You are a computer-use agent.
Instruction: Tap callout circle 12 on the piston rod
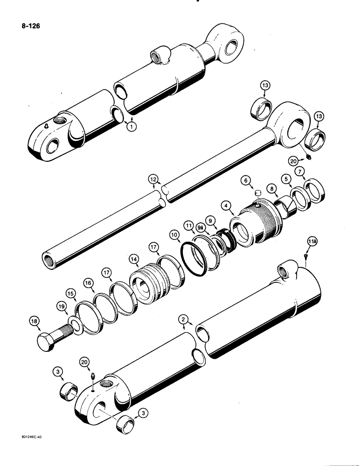(152, 179)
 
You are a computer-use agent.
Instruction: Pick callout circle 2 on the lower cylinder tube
(184, 319)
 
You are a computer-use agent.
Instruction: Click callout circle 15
(70, 294)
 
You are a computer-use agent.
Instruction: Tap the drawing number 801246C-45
(21, 451)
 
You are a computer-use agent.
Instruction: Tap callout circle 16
(88, 282)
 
